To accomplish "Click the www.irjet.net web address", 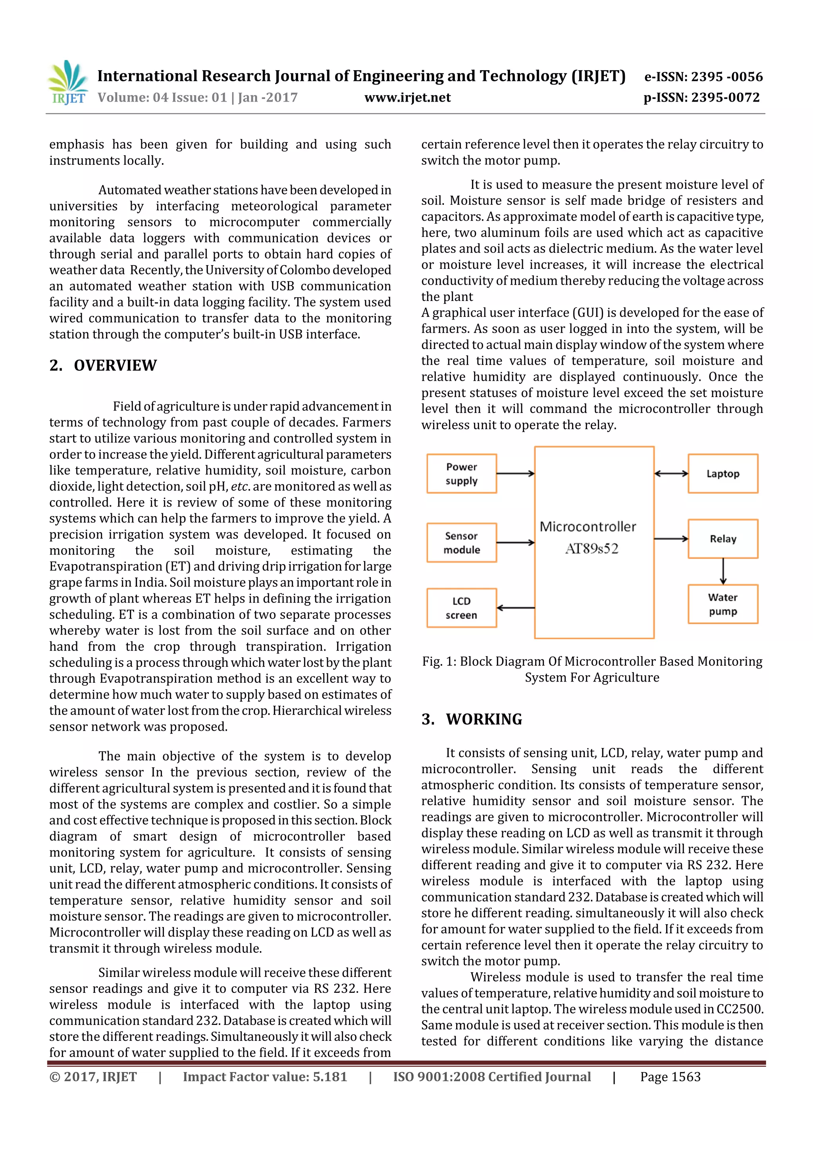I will pos(407,98).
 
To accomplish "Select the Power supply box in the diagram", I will pos(461,473).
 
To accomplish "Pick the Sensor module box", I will pos(461,542).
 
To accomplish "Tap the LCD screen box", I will pos(461,608).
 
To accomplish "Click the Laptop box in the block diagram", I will pos(722,473).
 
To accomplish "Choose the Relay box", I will pos(722,539).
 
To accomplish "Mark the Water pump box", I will pos(722,604).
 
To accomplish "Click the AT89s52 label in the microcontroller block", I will pos(591,549).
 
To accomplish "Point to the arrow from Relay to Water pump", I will pos(723,572).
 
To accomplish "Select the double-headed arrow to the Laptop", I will pos(671,473).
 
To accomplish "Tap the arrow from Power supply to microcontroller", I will pos(515,473).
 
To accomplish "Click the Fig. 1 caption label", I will pos(439,662).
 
